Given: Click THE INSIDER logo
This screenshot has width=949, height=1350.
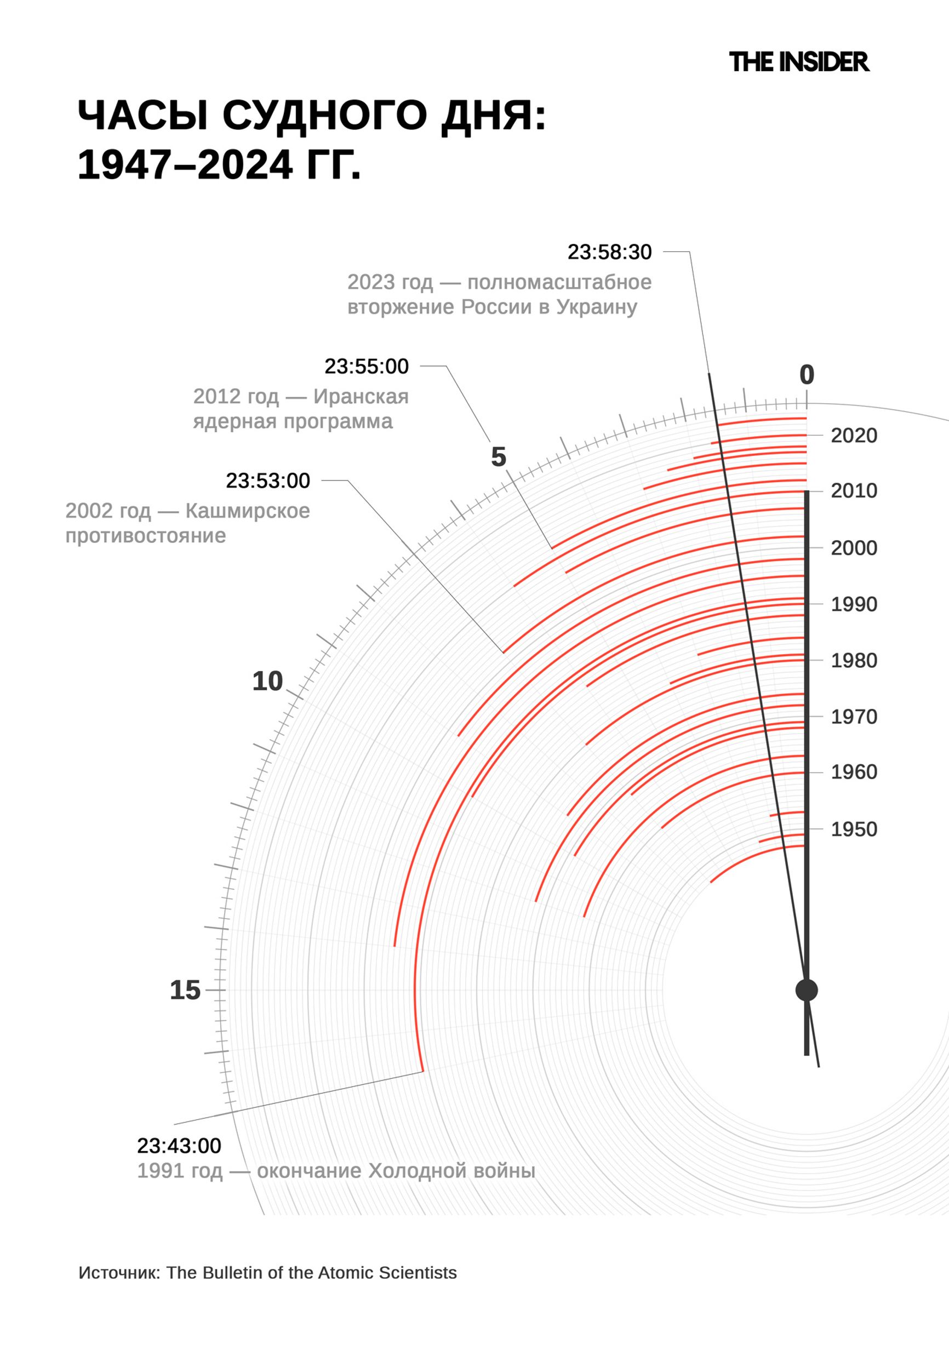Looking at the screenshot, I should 798,62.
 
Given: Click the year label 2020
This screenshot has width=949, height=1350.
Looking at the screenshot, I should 854,436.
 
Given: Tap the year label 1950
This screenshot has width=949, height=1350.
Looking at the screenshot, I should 854,829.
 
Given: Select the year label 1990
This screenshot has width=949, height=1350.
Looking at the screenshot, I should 854,604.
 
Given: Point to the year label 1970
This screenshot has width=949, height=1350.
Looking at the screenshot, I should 854,717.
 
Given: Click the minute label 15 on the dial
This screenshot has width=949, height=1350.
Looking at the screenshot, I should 185,990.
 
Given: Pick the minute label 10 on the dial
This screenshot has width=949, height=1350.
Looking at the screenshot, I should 267,682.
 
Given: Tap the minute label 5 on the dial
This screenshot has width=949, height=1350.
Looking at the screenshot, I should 498,457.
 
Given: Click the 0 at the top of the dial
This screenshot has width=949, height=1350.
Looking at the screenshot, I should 807,375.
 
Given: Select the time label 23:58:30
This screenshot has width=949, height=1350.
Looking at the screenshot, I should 609,252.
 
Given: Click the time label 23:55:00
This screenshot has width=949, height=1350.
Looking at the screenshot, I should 367,367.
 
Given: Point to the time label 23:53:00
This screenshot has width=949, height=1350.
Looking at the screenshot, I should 267,481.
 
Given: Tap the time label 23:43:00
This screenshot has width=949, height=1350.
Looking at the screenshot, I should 179,1146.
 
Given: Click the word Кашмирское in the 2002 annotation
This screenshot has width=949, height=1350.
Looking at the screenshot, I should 248,511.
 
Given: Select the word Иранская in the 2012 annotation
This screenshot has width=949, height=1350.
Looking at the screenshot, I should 361,397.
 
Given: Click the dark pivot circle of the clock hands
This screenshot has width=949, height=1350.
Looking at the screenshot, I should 806,990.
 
